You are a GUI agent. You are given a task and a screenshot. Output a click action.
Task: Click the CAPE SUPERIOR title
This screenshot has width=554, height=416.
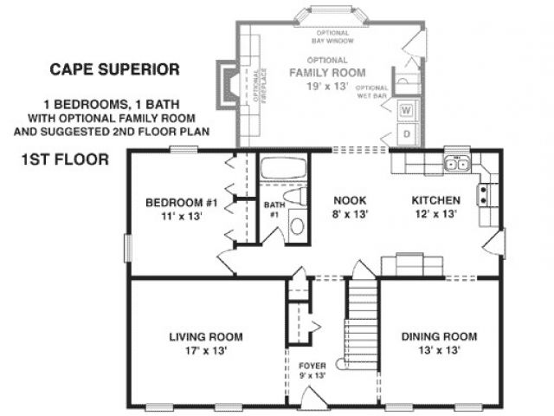(115, 69)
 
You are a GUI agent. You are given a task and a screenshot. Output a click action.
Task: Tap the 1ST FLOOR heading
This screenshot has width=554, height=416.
(66, 159)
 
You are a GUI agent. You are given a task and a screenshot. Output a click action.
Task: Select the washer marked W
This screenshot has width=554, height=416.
(406, 110)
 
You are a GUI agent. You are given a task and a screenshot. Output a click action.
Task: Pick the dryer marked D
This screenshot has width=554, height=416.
(407, 134)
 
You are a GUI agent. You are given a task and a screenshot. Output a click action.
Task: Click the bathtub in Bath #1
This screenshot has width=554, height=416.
(283, 168)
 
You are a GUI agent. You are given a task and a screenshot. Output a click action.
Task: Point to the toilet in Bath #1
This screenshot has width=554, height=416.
(295, 197)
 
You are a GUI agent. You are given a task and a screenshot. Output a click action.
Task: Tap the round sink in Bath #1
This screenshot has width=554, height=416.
(298, 225)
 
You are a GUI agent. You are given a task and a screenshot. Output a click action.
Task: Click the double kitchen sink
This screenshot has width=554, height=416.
(458, 164)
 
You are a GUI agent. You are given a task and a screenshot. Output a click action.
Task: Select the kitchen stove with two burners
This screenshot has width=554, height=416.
(484, 195)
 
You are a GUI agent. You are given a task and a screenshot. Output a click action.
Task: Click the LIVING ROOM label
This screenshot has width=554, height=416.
(206, 337)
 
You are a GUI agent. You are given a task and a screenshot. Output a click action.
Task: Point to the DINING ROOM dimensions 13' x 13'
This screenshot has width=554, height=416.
(439, 350)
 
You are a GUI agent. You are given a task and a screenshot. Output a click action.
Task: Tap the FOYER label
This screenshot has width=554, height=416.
(312, 366)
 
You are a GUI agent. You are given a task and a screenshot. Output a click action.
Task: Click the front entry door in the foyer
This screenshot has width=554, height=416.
(313, 398)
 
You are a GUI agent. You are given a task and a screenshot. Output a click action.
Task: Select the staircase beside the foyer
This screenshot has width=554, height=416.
(360, 324)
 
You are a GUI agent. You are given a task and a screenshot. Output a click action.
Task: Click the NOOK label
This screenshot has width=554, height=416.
(350, 200)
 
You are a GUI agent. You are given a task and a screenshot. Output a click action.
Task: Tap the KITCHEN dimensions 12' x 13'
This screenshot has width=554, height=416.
(436, 214)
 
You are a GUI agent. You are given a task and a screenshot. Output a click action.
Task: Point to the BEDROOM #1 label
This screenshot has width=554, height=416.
(182, 203)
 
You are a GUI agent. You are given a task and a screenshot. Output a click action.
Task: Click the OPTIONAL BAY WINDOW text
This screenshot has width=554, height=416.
(332, 36)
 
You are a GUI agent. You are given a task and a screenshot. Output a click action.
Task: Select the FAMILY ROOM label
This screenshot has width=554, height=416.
(327, 73)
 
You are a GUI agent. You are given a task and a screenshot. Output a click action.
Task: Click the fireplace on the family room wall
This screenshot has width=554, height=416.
(228, 85)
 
